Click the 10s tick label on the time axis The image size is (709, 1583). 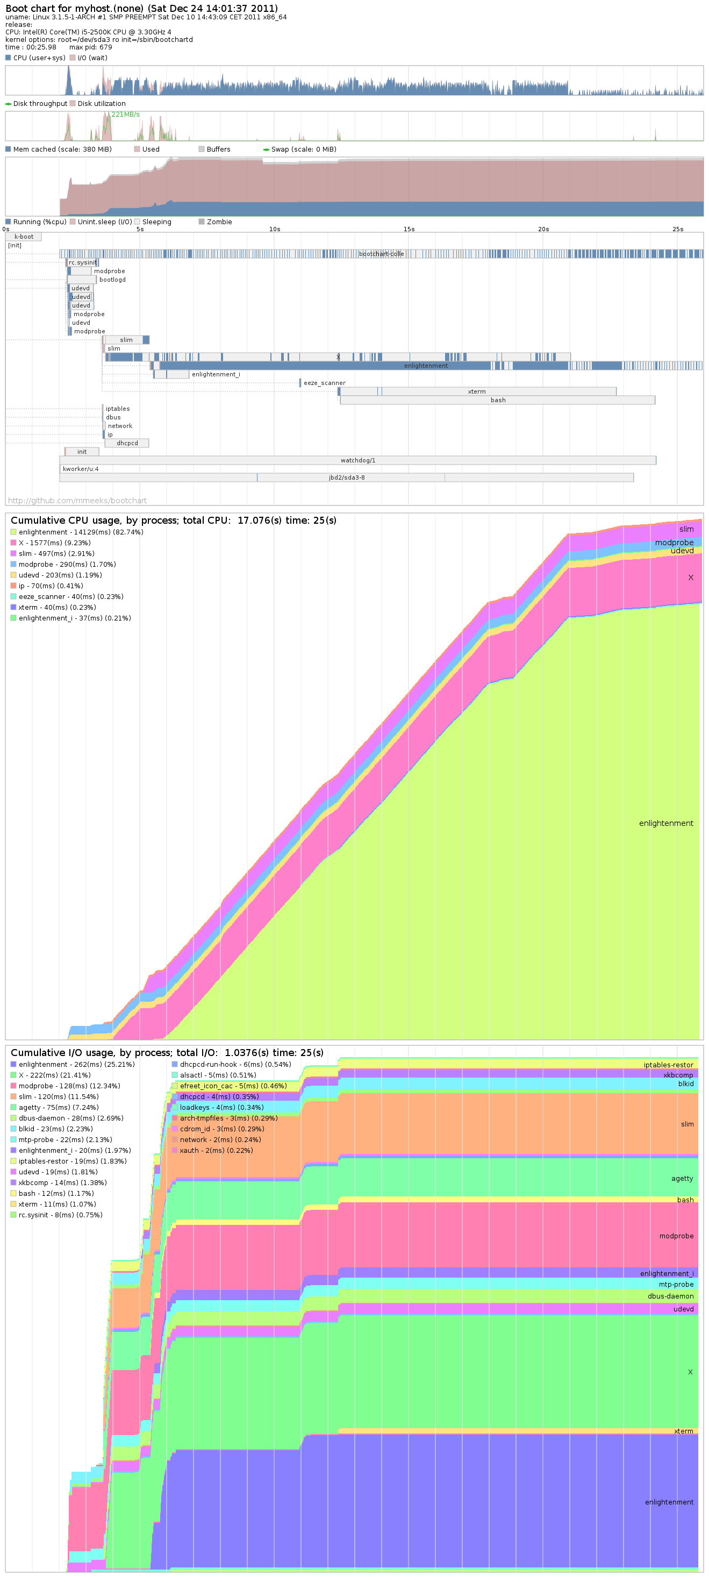(x=275, y=229)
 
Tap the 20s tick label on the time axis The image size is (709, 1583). (x=543, y=229)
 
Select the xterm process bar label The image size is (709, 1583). (x=477, y=391)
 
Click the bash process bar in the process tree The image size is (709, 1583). (x=498, y=400)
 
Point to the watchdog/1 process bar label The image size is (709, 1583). (x=357, y=460)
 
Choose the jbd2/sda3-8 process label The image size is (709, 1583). (x=347, y=477)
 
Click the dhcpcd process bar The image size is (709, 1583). (x=127, y=443)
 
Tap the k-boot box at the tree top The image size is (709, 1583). (x=24, y=237)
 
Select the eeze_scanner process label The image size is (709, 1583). (x=324, y=383)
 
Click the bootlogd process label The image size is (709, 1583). (x=112, y=280)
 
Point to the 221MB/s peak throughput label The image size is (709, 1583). (x=125, y=115)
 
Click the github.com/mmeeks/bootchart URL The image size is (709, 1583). (x=77, y=501)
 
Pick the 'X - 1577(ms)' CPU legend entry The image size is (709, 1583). (x=54, y=543)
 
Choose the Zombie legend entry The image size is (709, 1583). (x=219, y=222)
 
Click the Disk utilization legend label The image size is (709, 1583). (x=102, y=104)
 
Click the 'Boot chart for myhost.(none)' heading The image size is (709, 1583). (x=141, y=9)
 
